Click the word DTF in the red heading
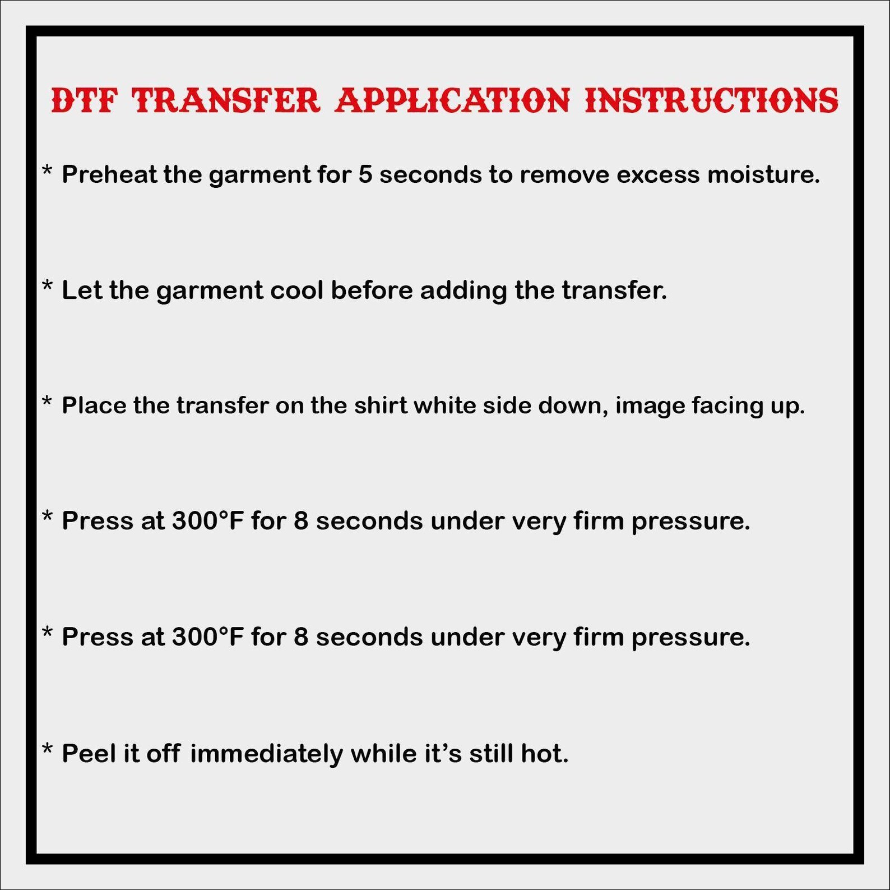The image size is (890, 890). click(x=84, y=101)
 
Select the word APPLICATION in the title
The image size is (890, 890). click(x=452, y=101)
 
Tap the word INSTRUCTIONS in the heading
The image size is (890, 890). click(x=711, y=101)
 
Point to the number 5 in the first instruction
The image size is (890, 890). click(x=365, y=175)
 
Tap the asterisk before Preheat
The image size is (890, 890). click(x=48, y=170)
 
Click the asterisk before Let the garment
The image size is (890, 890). click(x=48, y=286)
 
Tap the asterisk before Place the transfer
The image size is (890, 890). click(x=48, y=402)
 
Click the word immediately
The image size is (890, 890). click(x=266, y=754)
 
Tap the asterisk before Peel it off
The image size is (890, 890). click(x=48, y=749)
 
